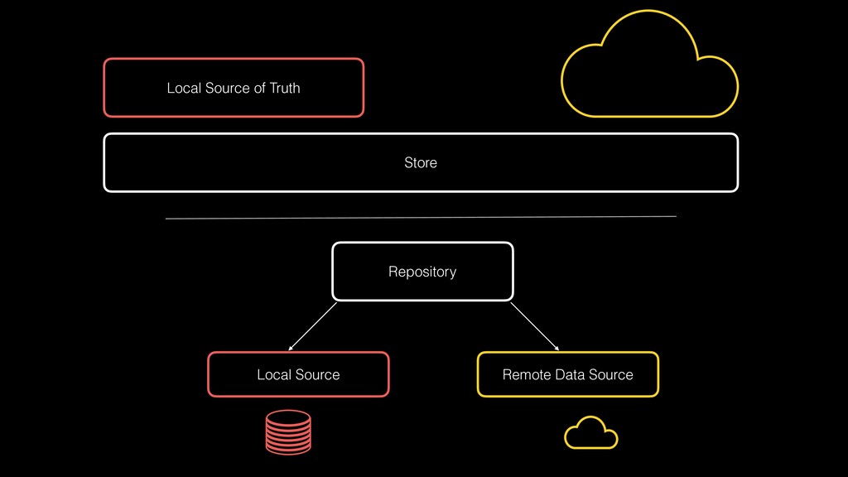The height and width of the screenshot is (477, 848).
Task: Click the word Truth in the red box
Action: [x=285, y=88]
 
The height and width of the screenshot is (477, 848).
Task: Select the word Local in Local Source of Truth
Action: [x=183, y=88]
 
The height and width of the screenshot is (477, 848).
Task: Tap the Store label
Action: [x=420, y=163]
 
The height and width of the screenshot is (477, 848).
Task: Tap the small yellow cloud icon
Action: [x=590, y=432]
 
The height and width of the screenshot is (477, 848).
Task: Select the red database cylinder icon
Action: [x=288, y=431]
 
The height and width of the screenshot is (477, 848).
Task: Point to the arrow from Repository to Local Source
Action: [x=313, y=326]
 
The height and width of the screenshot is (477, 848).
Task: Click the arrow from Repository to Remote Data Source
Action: [x=534, y=326]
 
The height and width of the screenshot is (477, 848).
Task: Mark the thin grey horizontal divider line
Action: [x=421, y=218]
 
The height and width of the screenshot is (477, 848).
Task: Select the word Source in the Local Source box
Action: [x=316, y=375]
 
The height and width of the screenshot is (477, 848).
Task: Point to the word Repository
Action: [x=422, y=272]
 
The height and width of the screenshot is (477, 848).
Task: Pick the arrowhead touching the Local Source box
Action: [x=291, y=348]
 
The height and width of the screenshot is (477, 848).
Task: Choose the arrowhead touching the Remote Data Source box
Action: [x=556, y=348]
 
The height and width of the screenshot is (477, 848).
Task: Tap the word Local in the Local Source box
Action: [x=273, y=375]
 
